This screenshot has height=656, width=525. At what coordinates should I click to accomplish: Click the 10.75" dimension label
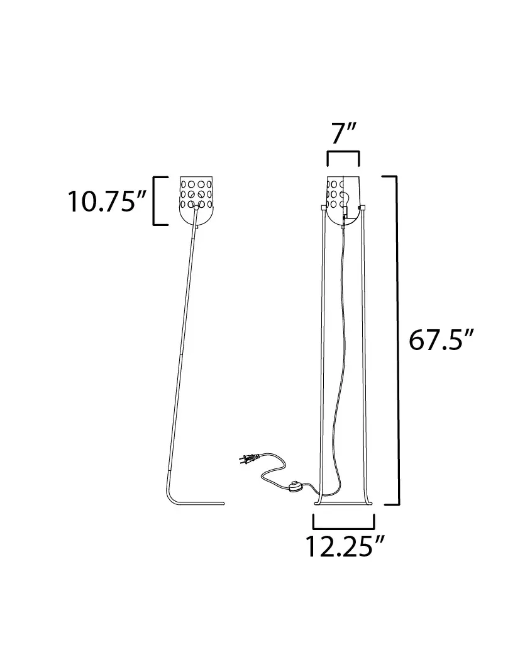tap(107, 201)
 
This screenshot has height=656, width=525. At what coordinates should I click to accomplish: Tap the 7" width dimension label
tap(343, 133)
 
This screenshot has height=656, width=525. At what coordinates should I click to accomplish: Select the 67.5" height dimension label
tap(441, 339)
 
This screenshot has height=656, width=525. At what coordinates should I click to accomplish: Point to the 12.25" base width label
tap(345, 546)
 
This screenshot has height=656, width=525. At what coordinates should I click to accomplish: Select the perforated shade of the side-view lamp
tap(196, 200)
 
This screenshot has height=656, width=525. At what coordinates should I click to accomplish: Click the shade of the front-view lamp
tap(343, 200)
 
